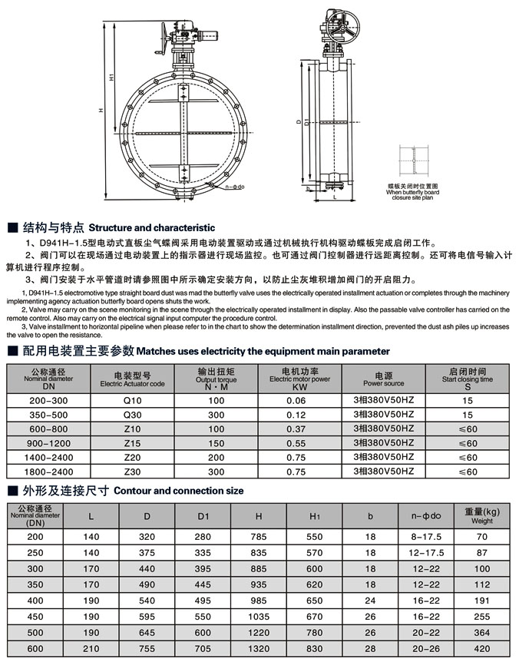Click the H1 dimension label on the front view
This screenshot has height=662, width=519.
point(112,79)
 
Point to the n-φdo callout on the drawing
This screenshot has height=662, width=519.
point(236,187)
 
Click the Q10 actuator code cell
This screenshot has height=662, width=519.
point(133,401)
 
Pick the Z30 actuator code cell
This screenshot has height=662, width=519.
point(133,472)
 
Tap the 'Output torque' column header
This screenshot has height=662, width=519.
point(216,378)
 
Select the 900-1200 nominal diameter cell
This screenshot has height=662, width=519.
point(48,443)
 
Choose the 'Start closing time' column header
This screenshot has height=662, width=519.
point(468,378)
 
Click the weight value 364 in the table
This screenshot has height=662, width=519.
point(481,632)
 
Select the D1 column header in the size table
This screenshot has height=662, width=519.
point(203,515)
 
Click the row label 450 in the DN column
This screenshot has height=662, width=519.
point(35,616)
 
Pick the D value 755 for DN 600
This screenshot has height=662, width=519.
point(147,648)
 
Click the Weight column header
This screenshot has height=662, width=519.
point(481,515)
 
